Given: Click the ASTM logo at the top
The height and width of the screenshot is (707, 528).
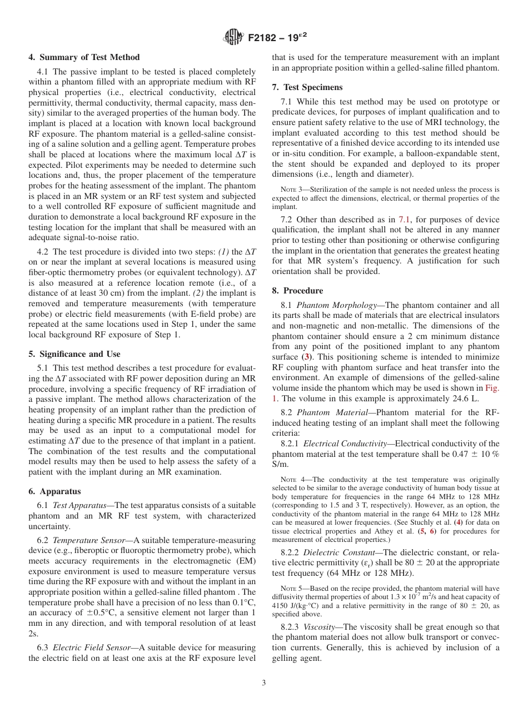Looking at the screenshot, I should [x=233, y=37].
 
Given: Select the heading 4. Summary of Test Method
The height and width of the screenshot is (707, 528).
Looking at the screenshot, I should [x=84, y=57].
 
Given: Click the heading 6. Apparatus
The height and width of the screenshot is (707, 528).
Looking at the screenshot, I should [x=54, y=491].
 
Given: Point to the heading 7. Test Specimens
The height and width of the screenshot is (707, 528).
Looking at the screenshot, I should [x=307, y=87].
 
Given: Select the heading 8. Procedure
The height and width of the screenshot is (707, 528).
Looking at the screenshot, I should [x=297, y=291].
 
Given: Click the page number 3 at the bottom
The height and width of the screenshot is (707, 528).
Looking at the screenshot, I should [x=264, y=683].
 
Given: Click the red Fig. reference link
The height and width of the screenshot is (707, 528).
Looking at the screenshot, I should [x=492, y=389].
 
